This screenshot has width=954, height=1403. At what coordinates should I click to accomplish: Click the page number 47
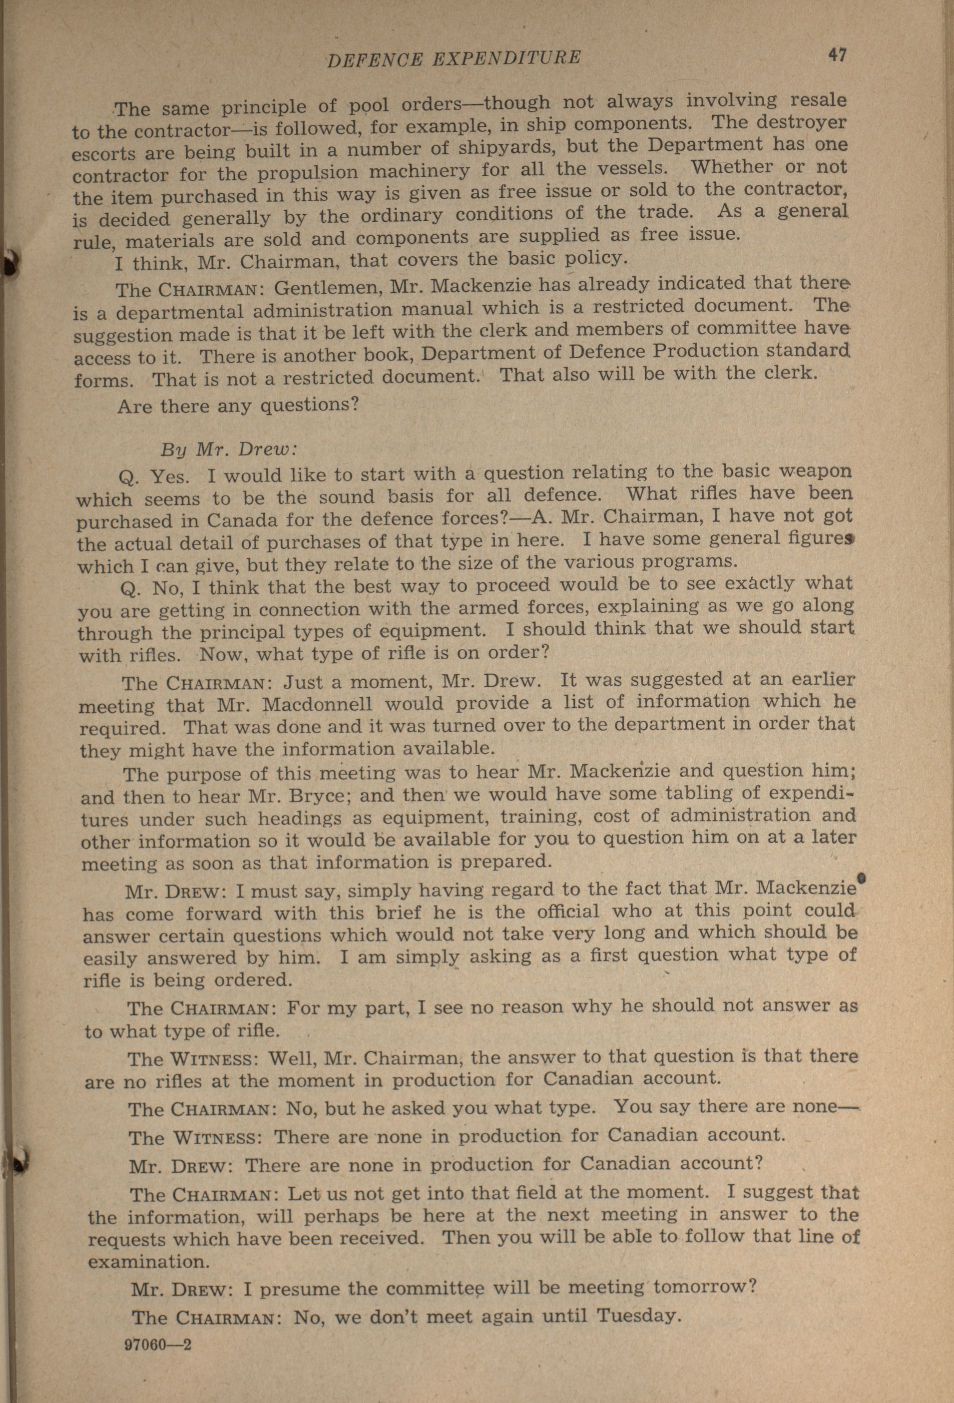[x=837, y=55]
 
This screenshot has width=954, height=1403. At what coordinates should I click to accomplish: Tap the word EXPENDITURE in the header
[x=506, y=58]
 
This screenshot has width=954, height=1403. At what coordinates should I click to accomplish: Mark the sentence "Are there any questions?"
[x=238, y=405]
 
